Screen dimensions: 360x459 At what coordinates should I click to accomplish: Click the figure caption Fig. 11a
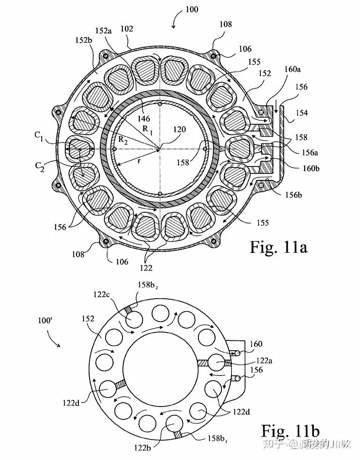click(x=278, y=247)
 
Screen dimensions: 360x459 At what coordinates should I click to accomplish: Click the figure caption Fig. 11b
click(x=290, y=431)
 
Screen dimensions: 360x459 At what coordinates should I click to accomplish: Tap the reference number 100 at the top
click(x=192, y=9)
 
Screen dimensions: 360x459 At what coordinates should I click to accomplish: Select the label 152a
click(x=103, y=30)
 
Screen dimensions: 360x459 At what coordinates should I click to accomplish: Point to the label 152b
click(x=84, y=40)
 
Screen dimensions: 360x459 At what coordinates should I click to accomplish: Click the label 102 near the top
click(x=127, y=29)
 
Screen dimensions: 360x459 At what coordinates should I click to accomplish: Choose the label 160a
click(x=292, y=69)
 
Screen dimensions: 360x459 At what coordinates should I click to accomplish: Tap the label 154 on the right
click(x=302, y=113)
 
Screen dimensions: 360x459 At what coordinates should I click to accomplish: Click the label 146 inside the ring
click(x=144, y=119)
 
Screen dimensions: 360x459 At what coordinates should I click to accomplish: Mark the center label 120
click(x=179, y=129)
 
